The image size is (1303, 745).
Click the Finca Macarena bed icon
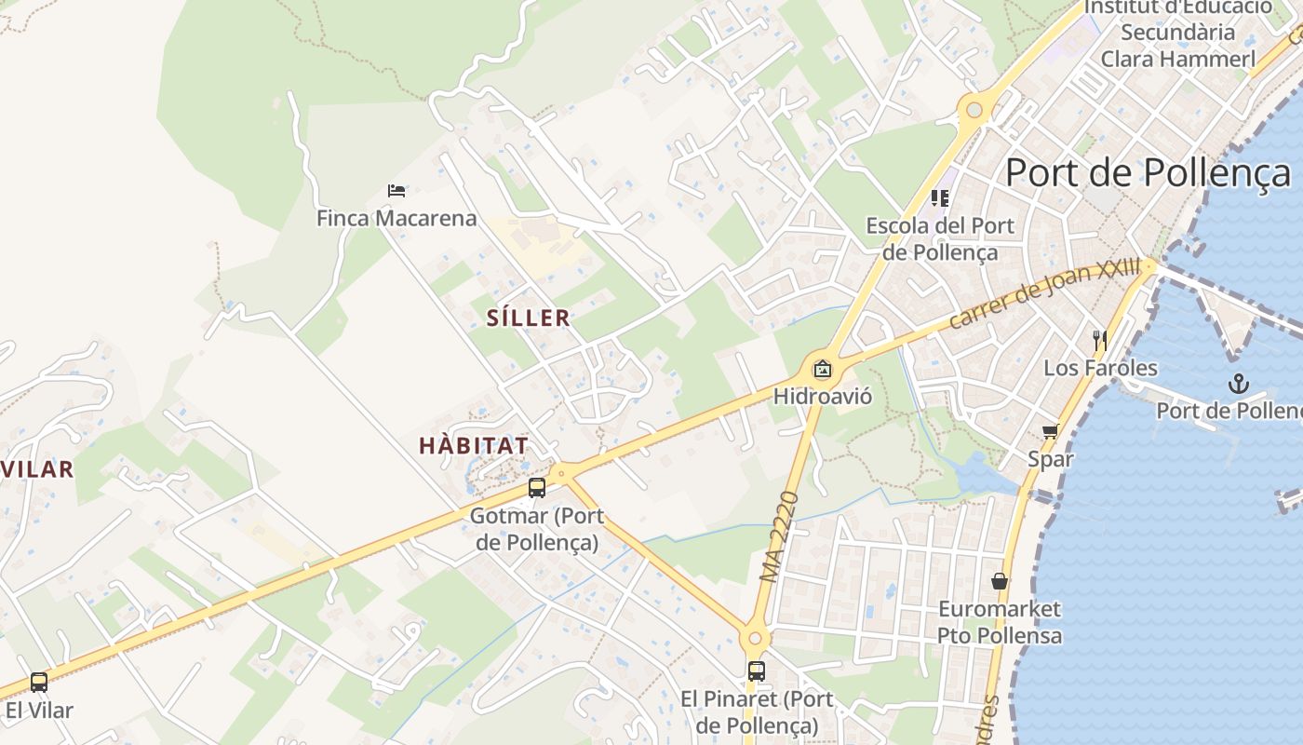tap(396, 191)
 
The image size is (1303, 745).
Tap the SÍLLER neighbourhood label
tap(529, 318)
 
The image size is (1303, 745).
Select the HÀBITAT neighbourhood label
tap(474, 445)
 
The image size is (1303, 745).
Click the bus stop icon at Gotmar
tap(537, 487)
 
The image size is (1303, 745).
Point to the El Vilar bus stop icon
tap(38, 683)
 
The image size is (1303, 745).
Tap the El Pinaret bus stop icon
tap(757, 670)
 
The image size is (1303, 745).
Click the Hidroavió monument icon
tap(823, 369)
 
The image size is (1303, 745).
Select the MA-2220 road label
tap(780, 537)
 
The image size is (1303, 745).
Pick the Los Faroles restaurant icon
tap(1100, 340)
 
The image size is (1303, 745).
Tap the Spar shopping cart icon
tap(1051, 431)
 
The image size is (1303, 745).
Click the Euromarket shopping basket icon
tap(1000, 581)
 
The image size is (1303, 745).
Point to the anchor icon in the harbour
tap(1238, 383)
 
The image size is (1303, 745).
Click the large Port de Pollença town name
tap(1149, 173)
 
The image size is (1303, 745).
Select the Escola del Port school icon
tap(940, 197)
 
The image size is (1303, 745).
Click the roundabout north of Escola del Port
tap(974, 111)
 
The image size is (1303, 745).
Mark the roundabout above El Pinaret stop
tap(755, 639)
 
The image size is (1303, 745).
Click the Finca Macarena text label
tap(396, 219)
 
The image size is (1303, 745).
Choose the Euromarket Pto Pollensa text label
tap(1000, 623)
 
